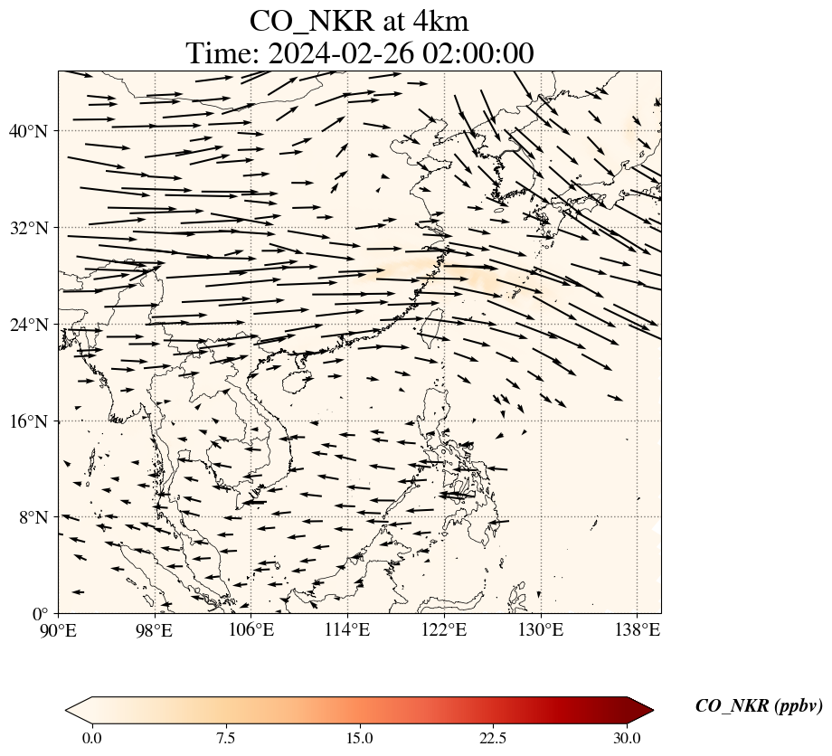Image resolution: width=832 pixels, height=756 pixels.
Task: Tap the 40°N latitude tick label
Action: click(x=33, y=131)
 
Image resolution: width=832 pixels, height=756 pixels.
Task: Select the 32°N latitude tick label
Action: click(x=33, y=228)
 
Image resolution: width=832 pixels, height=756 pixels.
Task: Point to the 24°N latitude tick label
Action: click(x=33, y=325)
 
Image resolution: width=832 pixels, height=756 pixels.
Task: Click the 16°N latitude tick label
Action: click(x=33, y=421)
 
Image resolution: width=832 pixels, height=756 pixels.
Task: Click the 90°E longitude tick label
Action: click(x=59, y=629)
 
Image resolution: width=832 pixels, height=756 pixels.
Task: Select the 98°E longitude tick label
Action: click(x=155, y=629)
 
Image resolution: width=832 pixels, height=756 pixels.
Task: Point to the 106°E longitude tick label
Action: click(x=251, y=629)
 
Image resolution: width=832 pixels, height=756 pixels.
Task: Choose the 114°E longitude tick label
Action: click(x=347, y=629)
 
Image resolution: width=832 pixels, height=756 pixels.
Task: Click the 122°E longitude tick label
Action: click(x=444, y=629)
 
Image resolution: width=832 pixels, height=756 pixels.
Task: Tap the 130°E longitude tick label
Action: click(x=540, y=629)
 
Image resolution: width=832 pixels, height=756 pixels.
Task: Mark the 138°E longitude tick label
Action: click(x=637, y=629)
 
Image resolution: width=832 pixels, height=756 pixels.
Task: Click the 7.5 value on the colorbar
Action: click(x=225, y=738)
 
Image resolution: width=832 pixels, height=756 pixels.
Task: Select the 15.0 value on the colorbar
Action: click(x=359, y=738)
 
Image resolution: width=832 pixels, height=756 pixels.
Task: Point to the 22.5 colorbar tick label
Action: click(x=493, y=738)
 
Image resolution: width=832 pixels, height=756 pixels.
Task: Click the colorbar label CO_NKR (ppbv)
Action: click(x=758, y=707)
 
